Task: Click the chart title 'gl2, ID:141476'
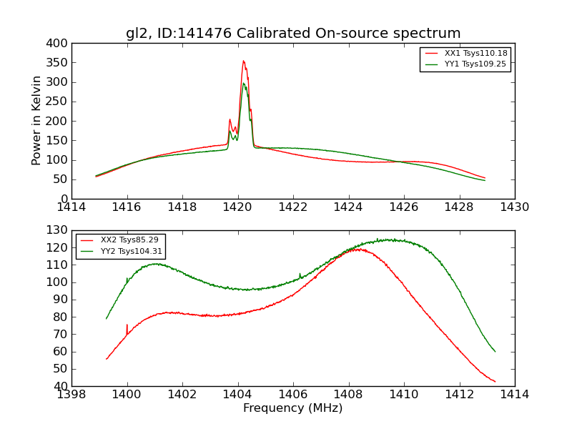pos(293,34)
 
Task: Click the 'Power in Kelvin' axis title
pos(37,121)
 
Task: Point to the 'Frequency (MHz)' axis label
pos(292,408)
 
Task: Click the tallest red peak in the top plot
pos(243,61)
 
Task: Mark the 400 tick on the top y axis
pos(60,44)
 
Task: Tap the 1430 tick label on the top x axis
pos(514,207)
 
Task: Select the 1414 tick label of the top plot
pos(71,207)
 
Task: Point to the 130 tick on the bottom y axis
pos(60,230)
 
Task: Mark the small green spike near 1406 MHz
pos(300,274)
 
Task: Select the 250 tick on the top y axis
pos(60,102)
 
